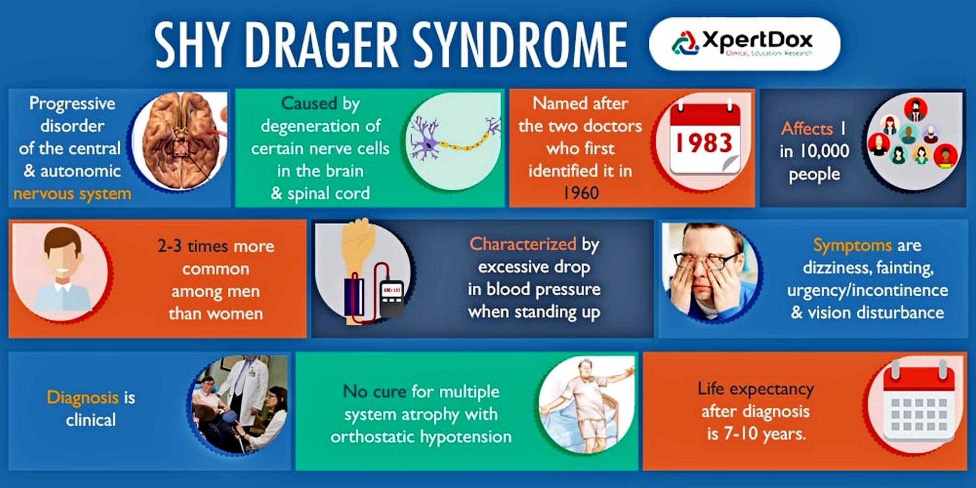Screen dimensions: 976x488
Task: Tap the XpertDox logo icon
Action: tap(685, 42)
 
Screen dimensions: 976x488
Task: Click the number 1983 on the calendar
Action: tap(704, 143)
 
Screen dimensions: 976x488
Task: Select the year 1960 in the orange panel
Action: tap(581, 193)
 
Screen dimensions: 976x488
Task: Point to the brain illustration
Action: tap(180, 140)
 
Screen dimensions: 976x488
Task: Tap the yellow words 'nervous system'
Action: tap(72, 194)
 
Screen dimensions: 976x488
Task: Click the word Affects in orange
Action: tap(807, 129)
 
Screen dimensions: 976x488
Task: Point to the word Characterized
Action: tap(523, 244)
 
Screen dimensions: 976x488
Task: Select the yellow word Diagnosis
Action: tap(82, 397)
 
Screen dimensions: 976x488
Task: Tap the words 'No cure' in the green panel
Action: tap(375, 391)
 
